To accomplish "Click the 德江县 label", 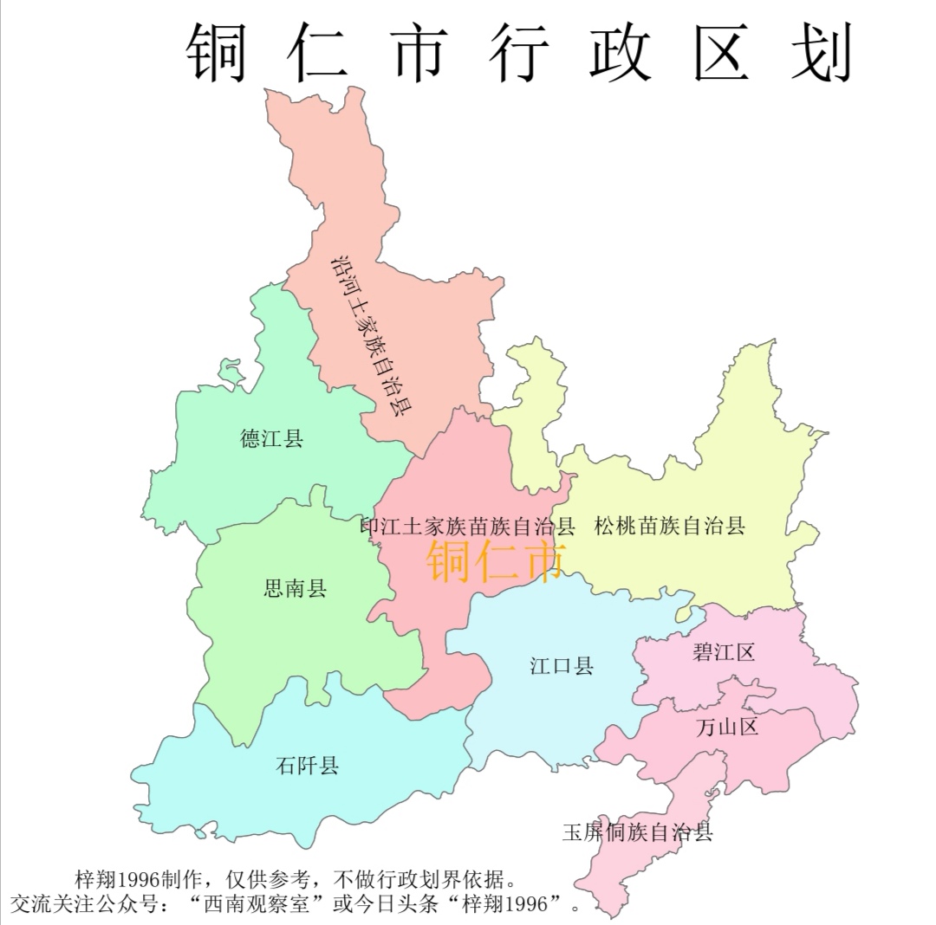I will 271,438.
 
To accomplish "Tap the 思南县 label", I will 295,590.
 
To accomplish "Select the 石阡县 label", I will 307,766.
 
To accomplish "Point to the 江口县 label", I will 562,666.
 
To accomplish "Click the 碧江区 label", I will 724,652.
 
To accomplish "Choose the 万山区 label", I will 727,726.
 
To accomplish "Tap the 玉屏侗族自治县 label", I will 637,833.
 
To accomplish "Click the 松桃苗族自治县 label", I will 670,526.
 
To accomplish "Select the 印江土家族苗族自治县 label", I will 468,527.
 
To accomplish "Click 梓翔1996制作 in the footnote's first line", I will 139,880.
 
